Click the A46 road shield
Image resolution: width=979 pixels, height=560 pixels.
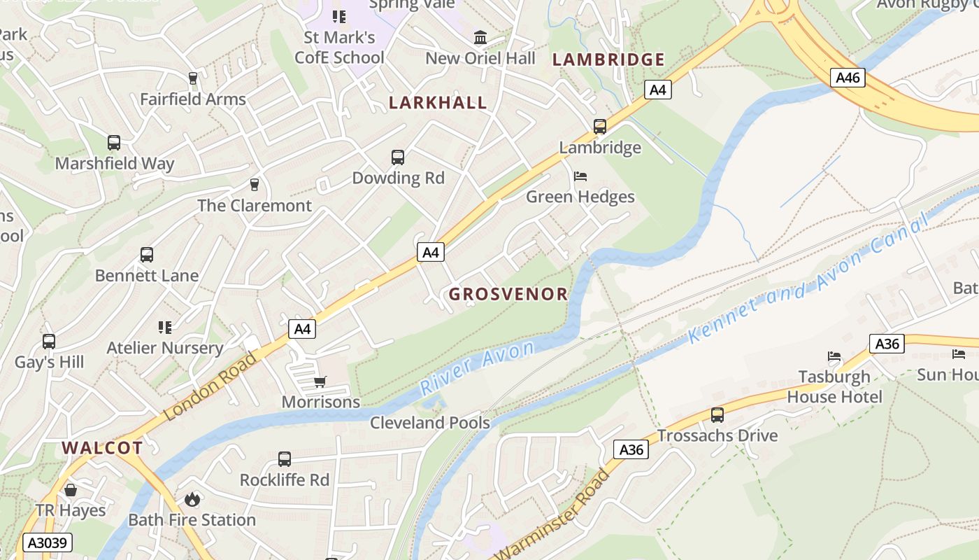pos(848,77)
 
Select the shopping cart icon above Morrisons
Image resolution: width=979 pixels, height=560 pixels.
pos(320,381)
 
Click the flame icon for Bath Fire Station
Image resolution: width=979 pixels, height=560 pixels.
pos(192,499)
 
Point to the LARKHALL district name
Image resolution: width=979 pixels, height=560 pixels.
pos(438,103)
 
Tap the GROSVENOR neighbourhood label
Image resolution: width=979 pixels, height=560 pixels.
pos(508,294)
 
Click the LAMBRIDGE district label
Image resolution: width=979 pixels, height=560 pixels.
pos(608,60)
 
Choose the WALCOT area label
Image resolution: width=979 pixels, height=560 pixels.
pos(102,448)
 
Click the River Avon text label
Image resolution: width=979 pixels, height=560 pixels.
pos(477,367)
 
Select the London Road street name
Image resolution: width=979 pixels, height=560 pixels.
pos(210,386)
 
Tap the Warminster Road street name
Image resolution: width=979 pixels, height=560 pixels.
pos(552,514)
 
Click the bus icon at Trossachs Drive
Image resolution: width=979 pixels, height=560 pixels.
pos(717,414)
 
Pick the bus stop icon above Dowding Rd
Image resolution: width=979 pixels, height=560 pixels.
pos(398,157)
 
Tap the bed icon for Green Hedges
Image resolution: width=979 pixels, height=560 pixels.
pos(580,176)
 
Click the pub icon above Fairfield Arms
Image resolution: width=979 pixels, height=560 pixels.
pos(193,78)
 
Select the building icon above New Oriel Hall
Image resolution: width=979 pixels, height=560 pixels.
pos(480,37)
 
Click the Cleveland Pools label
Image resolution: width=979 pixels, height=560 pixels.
pos(429,423)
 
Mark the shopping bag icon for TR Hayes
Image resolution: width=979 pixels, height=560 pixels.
pos(71,490)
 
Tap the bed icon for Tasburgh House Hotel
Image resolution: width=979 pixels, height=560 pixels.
pos(834,356)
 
